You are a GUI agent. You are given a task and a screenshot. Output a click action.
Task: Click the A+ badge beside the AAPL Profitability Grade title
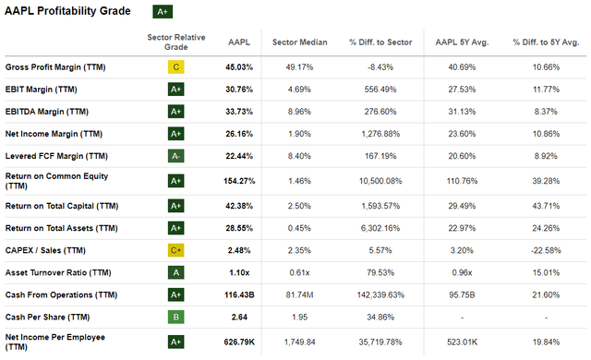163,12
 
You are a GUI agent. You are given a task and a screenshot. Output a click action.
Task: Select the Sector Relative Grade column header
176,42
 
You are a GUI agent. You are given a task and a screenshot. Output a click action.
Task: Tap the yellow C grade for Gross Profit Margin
176,67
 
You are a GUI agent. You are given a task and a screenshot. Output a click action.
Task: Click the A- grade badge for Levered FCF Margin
176,156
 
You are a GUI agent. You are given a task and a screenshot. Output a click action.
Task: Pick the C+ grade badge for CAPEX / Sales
176,250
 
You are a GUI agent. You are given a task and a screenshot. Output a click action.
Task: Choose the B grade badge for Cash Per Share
176,317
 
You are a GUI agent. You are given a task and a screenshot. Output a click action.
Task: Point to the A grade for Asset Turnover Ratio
176,272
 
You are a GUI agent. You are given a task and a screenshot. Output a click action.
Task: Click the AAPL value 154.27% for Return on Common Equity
239,181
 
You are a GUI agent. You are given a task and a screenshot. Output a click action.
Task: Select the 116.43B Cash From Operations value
239,294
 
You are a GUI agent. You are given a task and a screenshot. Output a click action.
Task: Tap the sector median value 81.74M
299,294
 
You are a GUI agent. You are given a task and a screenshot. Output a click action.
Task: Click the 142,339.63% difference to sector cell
380,294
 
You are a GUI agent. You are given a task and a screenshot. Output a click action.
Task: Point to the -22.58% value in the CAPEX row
546,250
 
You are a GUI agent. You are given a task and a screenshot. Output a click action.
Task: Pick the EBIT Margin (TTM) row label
41,90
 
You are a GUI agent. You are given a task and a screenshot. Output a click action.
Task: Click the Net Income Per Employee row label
55,342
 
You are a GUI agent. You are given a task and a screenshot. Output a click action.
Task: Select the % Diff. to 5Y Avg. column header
546,42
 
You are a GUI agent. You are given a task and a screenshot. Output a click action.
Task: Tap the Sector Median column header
299,42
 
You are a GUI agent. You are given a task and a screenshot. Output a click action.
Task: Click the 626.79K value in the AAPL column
239,342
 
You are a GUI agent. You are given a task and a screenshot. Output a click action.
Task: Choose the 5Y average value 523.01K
462,342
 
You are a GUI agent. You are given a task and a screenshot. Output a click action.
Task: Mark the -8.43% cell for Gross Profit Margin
380,67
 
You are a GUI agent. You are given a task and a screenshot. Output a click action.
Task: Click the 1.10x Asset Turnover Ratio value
239,272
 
